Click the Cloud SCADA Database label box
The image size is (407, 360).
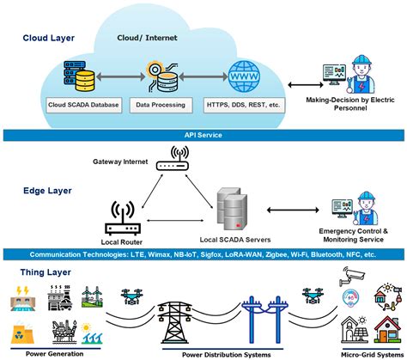pyautogui.click(x=83, y=105)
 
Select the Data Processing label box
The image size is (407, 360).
pyautogui.click(x=161, y=105)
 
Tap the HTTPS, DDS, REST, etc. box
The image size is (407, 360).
pyautogui.click(x=244, y=105)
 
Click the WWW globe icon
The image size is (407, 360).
pyautogui.click(x=244, y=76)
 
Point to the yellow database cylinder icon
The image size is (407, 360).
pyautogui.click(x=84, y=81)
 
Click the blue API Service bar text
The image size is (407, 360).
pyautogui.click(x=203, y=135)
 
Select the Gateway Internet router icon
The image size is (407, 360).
pyautogui.click(x=173, y=158)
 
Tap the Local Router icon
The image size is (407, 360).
pyautogui.click(x=123, y=218)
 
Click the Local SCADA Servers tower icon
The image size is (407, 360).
pyautogui.click(x=232, y=209)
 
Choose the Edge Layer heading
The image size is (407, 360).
pyautogui.click(x=47, y=191)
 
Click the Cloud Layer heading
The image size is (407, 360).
pyautogui.click(x=49, y=38)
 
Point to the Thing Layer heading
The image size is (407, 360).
pyautogui.click(x=46, y=272)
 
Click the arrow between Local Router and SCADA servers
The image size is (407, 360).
pyautogui.click(x=175, y=221)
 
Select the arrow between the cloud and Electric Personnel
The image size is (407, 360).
pyautogui.click(x=306, y=85)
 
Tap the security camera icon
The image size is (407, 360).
pyautogui.click(x=351, y=276)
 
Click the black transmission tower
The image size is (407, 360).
pyautogui.click(x=174, y=322)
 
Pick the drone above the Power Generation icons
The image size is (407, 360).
pyautogui.click(x=131, y=296)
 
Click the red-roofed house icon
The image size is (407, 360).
pyautogui.click(x=387, y=329)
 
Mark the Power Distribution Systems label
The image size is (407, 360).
pyautogui.click(x=227, y=355)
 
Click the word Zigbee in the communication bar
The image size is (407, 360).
pyautogui.click(x=276, y=254)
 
